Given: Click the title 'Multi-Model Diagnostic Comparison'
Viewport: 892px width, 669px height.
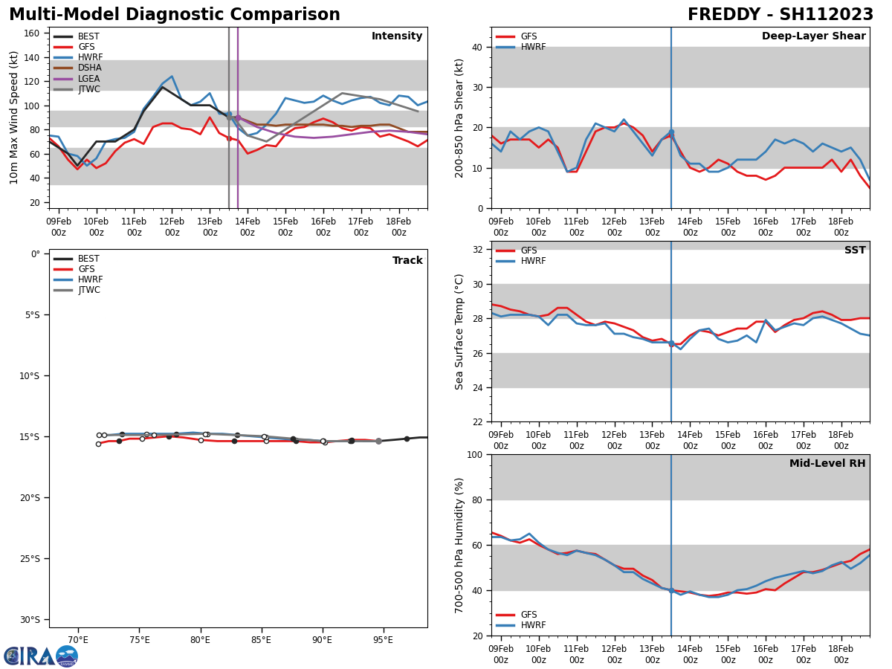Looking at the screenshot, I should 175,15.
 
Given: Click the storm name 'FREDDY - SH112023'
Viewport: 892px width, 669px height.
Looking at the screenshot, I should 780,15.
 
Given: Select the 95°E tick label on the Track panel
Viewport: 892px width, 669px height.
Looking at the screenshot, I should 383,639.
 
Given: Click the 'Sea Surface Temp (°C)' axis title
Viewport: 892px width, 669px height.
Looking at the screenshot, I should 459,332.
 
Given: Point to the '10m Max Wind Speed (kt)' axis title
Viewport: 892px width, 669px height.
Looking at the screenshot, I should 14,117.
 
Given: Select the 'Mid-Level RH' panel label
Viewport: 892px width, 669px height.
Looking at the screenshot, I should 827,464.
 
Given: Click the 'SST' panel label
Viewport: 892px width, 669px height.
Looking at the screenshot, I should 855,251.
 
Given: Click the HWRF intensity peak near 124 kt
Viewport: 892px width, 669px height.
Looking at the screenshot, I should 172,76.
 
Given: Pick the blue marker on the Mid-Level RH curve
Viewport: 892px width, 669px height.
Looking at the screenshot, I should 671,590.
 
